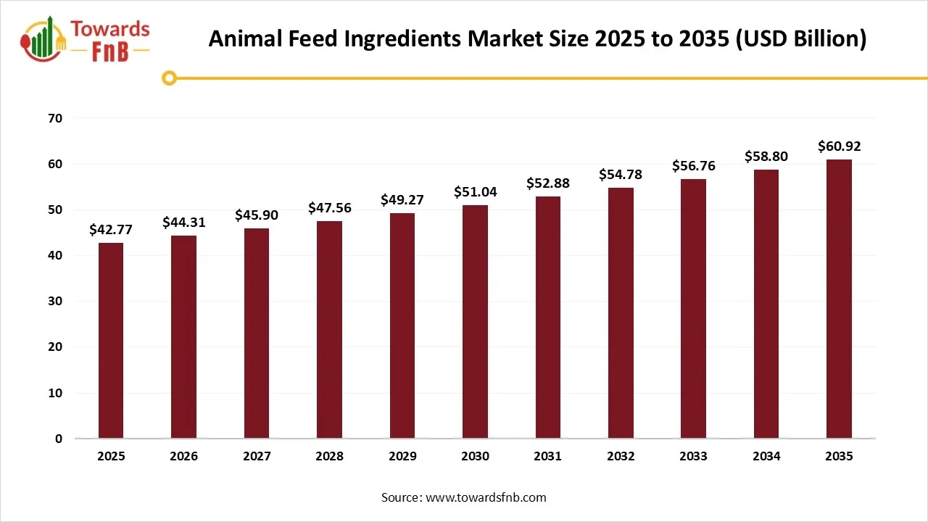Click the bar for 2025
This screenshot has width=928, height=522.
point(111,341)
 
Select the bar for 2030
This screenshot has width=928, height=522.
point(475,322)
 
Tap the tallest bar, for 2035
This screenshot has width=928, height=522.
point(839,299)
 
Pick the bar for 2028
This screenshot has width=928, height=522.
point(329,330)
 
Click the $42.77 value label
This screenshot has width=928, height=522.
point(111,230)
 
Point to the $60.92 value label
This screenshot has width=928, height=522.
point(839,146)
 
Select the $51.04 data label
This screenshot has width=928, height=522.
point(475,192)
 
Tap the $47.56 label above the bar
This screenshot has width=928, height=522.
point(329,208)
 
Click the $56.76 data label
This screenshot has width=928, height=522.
point(693,166)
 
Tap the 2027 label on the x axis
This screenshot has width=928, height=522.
point(257,457)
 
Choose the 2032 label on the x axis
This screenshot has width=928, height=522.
point(621,457)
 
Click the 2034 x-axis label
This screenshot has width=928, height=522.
point(766,457)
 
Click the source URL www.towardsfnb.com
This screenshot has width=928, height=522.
point(485,497)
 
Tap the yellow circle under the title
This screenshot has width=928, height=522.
point(169,78)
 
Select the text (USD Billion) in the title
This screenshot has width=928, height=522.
point(801,39)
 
